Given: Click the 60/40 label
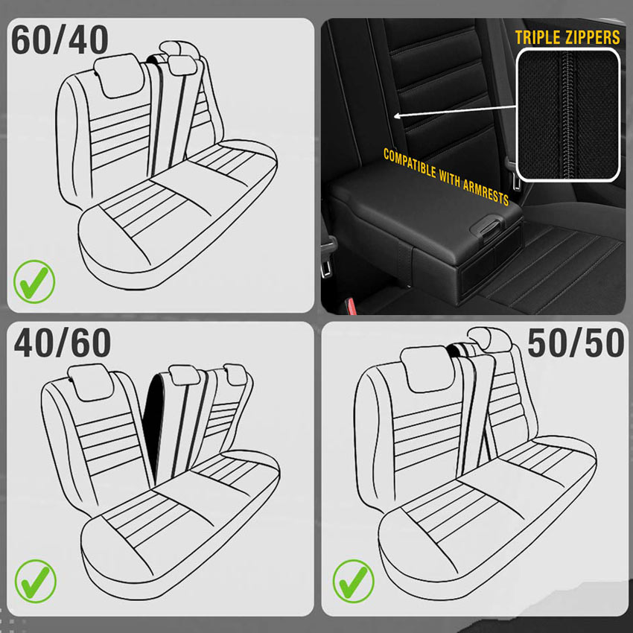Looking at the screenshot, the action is click(60, 39).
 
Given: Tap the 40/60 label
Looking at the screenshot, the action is click(63, 343).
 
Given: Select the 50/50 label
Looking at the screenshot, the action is click(576, 343).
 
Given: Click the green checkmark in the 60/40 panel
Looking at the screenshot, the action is click(34, 281).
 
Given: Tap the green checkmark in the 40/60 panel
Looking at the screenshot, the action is click(36, 581).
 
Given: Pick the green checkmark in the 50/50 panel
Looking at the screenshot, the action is click(353, 581).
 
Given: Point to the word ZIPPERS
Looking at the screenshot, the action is click(592, 37).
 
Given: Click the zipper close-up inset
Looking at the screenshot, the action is click(568, 115).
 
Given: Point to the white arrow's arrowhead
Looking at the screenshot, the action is click(397, 116).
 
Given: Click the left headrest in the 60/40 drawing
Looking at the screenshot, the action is click(118, 75).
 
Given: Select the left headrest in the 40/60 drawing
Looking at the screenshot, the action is click(90, 382).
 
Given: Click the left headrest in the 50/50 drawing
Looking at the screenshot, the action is click(428, 368).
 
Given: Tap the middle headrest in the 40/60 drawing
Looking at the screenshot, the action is click(184, 375).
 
